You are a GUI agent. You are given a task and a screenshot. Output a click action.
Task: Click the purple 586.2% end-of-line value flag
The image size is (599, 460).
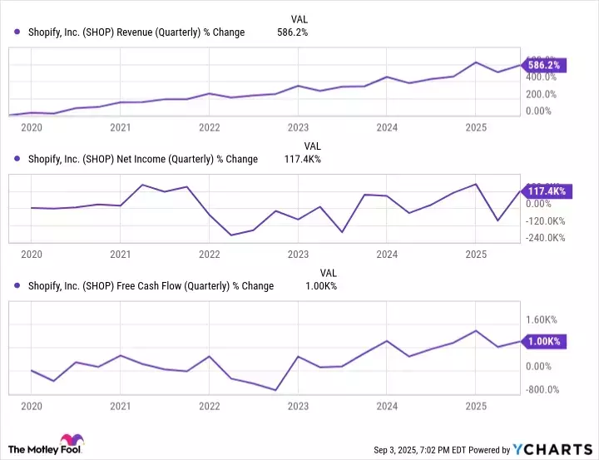pos(542,65)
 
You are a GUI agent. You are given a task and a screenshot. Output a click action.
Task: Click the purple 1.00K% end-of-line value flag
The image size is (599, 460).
pos(542,341)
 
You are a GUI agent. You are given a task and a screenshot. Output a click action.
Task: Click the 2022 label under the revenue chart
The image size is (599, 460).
pos(209,128)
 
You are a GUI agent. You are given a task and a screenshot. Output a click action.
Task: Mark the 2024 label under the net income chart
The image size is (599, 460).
pos(386,255)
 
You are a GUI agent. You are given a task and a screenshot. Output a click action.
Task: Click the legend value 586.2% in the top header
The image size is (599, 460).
pos(291,32)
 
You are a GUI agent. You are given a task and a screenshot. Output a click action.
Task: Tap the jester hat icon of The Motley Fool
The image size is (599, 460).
pos(67,443)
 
